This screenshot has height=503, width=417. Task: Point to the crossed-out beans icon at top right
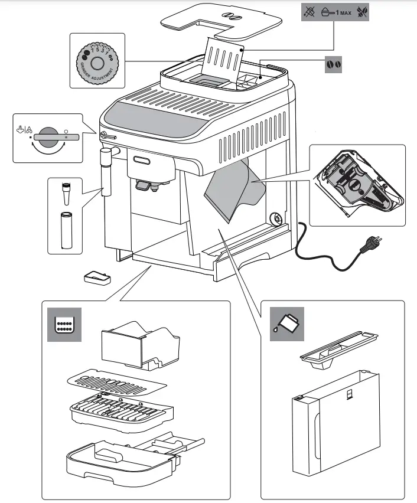[x=362, y=12]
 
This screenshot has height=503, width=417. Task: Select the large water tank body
[x=335, y=423]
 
